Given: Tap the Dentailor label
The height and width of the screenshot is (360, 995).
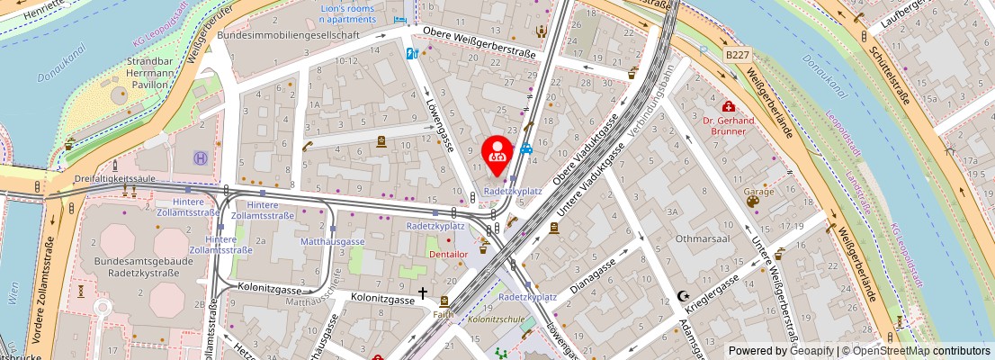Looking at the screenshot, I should tap(449, 256).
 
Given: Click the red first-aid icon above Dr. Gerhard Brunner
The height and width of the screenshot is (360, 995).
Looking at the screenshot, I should tap(728, 106).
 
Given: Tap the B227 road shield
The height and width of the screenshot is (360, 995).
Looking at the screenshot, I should tap(737, 55).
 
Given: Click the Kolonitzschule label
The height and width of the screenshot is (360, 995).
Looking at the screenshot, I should tap(496, 319).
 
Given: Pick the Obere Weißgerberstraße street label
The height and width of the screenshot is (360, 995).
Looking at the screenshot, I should tap(479, 42).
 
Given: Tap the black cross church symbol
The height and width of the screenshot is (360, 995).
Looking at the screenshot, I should tap(422, 293).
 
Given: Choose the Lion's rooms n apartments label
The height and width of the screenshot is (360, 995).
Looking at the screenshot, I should tap(347, 13).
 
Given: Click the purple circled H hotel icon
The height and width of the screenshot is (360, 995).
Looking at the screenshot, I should tap(200, 158).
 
